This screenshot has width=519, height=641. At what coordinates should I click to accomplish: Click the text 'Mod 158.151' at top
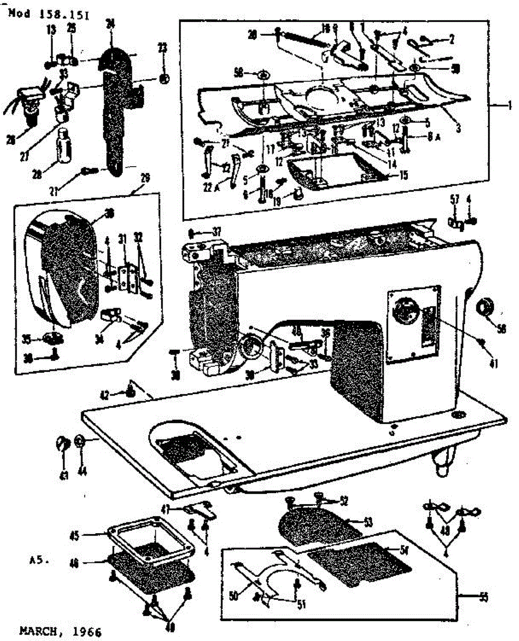click(49, 14)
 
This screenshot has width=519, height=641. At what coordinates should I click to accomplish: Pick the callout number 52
click(343, 501)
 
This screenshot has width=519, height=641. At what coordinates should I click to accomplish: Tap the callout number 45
click(76, 535)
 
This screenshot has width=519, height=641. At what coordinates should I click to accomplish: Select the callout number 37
click(216, 231)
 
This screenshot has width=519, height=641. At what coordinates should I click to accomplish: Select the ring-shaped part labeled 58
click(486, 309)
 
